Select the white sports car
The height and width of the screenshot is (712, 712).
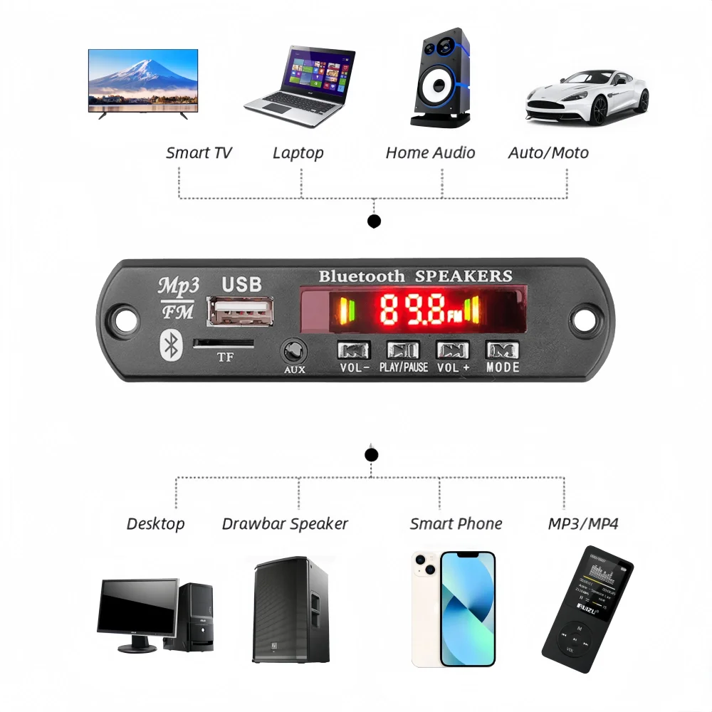pyautogui.click(x=587, y=96)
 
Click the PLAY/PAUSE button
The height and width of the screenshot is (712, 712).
pyautogui.click(x=403, y=350)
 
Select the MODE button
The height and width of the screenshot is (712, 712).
pyautogui.click(x=502, y=350)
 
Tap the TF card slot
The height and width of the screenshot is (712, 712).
pyautogui.click(x=224, y=343)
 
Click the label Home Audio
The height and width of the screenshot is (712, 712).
pyautogui.click(x=430, y=152)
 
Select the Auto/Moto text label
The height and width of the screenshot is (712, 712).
pyautogui.click(x=548, y=152)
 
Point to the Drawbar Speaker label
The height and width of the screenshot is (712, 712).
pyautogui.click(x=285, y=524)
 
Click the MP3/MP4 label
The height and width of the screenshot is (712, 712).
pyautogui.click(x=583, y=524)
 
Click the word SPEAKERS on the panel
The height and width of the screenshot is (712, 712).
pyautogui.click(x=464, y=276)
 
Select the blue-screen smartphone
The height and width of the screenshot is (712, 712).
pyautogui.click(x=467, y=609)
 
